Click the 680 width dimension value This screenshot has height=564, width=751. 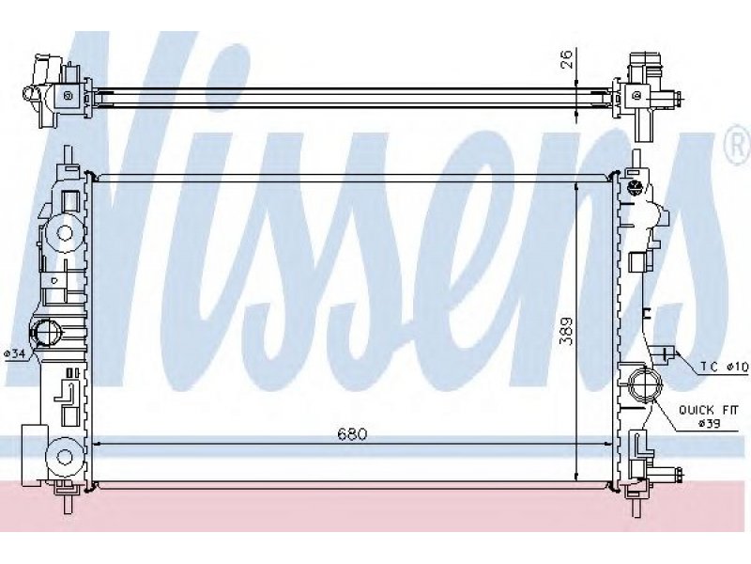coord(352,434)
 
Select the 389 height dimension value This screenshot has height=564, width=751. coord(567,331)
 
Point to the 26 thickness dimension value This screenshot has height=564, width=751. coord(566,59)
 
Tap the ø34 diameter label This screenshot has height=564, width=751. coord(14,354)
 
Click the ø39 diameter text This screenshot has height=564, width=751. coord(709,424)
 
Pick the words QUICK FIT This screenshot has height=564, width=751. coord(709,410)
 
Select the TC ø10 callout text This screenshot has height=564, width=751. coord(724,367)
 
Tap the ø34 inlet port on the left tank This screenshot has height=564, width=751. coord(45,332)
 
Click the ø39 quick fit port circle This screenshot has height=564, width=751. coord(645,384)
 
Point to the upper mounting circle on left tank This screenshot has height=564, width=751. coord(65,233)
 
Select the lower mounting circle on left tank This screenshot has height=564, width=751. coord(64,456)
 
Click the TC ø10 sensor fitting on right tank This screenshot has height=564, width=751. coord(665,354)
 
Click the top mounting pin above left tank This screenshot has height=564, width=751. coord(68,154)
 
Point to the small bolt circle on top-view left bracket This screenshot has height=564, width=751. coord(68,96)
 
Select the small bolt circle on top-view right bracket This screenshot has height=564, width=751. coord(636,96)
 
